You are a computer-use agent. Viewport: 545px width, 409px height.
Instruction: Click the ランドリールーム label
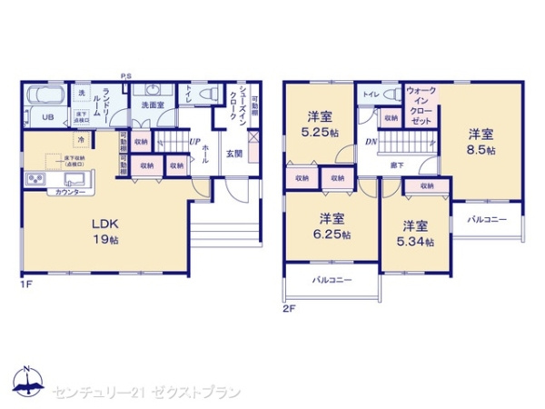coord(108,103)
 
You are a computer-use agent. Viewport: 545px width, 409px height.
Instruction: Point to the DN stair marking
coord(372,142)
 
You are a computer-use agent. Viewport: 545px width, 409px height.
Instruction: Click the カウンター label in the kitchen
coord(71,193)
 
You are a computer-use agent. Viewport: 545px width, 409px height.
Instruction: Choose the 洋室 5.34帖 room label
coord(416,233)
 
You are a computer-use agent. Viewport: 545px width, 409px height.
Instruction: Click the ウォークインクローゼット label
coord(422,105)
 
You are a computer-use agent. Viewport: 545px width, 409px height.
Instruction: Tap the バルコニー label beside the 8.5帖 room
coord(487,220)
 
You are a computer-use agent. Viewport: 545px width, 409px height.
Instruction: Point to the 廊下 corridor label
coord(398,165)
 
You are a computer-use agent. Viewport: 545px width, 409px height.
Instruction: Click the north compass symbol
coord(26,382)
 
